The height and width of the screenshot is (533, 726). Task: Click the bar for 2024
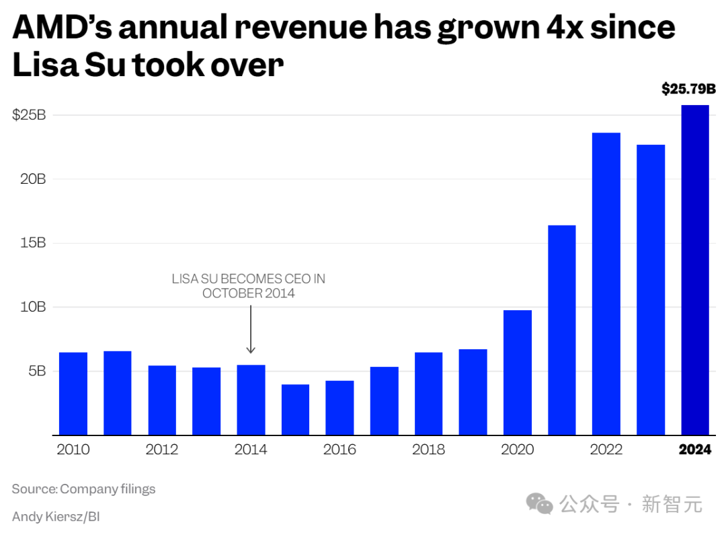(x=695, y=270)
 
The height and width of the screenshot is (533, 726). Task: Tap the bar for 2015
(x=295, y=410)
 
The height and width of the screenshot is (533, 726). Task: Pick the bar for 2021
(x=562, y=330)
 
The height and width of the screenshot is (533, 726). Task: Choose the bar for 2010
(x=73, y=394)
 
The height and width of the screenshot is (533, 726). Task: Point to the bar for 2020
(x=518, y=372)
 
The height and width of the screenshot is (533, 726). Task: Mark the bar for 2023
(x=651, y=289)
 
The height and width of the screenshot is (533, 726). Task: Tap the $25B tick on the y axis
(x=29, y=115)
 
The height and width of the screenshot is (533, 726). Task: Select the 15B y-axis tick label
(x=32, y=243)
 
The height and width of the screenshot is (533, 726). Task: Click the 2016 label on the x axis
(x=339, y=450)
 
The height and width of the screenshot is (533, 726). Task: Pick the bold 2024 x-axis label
(x=695, y=450)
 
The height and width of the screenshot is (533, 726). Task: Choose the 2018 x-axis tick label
(x=428, y=450)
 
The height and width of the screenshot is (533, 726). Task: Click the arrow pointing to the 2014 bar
(x=251, y=330)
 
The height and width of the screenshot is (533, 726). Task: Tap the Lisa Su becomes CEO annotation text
(x=249, y=286)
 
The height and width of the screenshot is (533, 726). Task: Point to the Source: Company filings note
(x=83, y=489)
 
